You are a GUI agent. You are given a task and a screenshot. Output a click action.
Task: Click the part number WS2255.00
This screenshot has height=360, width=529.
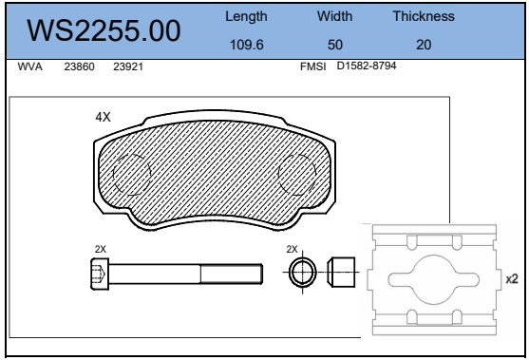104,30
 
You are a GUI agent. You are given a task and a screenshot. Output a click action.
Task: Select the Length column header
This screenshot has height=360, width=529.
246,16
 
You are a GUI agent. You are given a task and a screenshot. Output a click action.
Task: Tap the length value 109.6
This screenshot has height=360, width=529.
247,45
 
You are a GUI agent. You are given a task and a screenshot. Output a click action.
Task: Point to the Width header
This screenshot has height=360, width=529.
334,16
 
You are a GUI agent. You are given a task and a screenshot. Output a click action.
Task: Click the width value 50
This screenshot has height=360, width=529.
335,45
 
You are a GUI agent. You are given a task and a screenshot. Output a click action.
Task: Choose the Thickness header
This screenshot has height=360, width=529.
424,16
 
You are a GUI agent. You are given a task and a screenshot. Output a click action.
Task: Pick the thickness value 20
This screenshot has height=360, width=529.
424,45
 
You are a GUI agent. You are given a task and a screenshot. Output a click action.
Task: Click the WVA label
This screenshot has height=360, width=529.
30,66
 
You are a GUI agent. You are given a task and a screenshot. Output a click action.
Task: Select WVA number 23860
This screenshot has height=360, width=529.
79,66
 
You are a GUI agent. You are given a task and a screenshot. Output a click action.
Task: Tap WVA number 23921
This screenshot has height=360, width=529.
128,66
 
